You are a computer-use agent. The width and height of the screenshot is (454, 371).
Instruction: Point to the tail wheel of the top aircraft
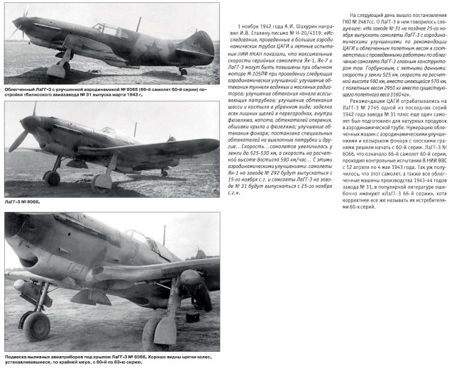click(183, 72)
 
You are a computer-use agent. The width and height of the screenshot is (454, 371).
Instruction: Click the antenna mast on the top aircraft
click(138, 23)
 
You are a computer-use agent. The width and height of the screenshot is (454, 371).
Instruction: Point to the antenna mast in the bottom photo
click(164, 235)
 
